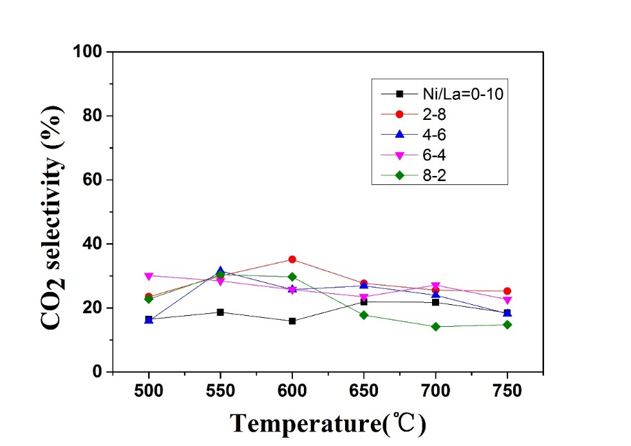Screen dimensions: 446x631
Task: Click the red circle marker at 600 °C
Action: click(x=292, y=259)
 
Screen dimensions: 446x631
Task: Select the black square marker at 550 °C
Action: click(x=220, y=312)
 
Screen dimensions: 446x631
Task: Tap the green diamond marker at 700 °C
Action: click(x=436, y=327)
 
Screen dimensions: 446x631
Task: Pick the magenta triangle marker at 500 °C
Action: click(x=149, y=276)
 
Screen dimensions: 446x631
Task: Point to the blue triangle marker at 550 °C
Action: click(x=220, y=271)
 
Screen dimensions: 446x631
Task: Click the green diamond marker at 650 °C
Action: click(x=364, y=315)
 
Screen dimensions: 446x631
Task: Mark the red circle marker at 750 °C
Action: click(x=507, y=291)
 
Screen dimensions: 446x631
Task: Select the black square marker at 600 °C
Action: click(x=292, y=321)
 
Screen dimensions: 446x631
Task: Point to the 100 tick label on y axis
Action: click(x=91, y=52)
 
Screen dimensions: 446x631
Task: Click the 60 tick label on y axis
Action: click(x=95, y=180)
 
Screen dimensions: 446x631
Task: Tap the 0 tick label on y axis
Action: click(x=99, y=372)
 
